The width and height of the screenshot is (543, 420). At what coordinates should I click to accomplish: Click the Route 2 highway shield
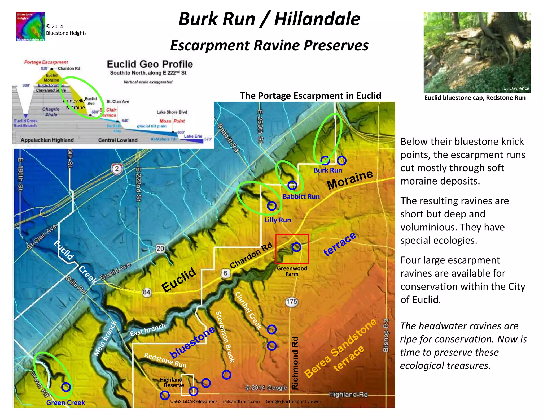tap(117, 169)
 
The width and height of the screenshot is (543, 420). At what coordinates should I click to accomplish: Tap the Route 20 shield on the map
tap(160, 248)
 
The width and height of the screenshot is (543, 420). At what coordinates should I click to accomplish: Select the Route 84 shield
tap(146, 292)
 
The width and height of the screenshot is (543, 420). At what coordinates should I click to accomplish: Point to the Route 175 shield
tap(292, 302)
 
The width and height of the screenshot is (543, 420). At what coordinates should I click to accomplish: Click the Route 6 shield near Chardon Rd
tap(225, 273)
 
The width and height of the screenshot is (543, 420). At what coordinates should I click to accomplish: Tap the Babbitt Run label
tap(301, 197)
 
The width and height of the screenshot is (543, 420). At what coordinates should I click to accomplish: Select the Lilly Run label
tap(278, 220)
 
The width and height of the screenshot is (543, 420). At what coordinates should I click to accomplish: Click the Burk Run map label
tap(328, 170)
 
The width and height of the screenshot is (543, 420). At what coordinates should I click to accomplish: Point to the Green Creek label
tap(65, 403)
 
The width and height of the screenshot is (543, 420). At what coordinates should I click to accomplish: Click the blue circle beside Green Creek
tap(66, 387)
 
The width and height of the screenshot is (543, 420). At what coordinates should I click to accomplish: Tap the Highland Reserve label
tap(172, 382)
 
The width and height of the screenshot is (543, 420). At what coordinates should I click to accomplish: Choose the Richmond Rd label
tap(295, 363)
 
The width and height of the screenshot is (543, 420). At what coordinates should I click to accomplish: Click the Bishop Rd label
tap(386, 335)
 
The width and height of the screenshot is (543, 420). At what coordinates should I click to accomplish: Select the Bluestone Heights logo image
tap(31, 27)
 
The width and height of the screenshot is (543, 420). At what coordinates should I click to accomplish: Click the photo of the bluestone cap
tap(477, 52)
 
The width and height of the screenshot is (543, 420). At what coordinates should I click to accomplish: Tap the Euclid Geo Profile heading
tap(150, 64)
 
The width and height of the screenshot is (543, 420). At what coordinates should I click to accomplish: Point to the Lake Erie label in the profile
tap(193, 136)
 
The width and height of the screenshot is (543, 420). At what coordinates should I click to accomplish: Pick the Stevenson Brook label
tap(225, 337)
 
